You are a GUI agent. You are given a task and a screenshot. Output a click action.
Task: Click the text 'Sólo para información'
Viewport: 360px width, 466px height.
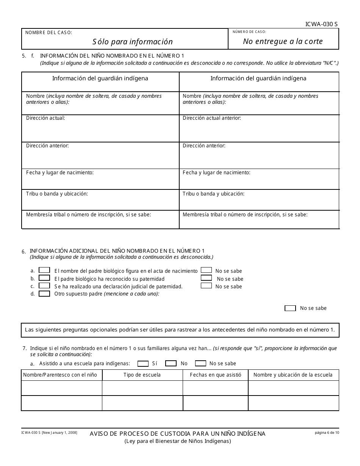coord(132,42)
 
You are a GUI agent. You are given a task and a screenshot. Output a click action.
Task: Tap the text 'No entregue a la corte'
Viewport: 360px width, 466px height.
coord(283,41)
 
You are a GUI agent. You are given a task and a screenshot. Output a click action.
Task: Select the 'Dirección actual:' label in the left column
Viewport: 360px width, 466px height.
coord(45,118)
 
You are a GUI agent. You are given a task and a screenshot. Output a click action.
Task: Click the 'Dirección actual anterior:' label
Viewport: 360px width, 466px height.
coord(212,118)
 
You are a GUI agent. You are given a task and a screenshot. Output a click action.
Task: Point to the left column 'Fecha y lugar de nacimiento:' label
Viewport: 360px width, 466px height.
coord(60,172)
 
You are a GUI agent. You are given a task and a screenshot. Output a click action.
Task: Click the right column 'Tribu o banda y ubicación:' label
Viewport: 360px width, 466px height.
coord(213,194)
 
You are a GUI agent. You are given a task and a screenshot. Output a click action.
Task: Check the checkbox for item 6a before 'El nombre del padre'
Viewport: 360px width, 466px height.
coord(45,271)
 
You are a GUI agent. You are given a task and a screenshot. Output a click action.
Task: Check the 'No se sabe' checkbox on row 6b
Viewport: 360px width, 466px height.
coord(207,278)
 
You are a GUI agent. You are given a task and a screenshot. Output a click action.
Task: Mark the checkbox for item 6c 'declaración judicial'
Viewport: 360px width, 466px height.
coord(45,286)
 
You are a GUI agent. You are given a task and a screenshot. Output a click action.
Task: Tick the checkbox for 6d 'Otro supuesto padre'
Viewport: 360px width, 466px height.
coord(45,293)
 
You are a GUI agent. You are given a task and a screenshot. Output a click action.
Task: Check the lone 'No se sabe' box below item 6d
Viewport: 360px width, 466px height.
coord(290,308)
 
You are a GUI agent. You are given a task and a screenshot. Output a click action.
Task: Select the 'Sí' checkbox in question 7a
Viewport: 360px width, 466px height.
coord(143,363)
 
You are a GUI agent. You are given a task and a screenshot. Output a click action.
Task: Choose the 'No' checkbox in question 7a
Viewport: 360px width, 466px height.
coord(171,363)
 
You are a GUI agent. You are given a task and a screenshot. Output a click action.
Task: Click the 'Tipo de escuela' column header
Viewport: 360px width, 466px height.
coord(142,375)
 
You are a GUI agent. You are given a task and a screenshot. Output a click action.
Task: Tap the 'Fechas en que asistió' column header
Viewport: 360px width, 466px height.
coord(215,375)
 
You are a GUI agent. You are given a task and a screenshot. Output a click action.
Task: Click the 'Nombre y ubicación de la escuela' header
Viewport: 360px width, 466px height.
coord(293,375)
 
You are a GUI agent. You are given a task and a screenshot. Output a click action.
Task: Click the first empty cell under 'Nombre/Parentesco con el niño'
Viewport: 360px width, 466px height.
coord(61,388)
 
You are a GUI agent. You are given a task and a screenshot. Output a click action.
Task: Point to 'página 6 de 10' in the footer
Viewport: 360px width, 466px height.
coord(327,432)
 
